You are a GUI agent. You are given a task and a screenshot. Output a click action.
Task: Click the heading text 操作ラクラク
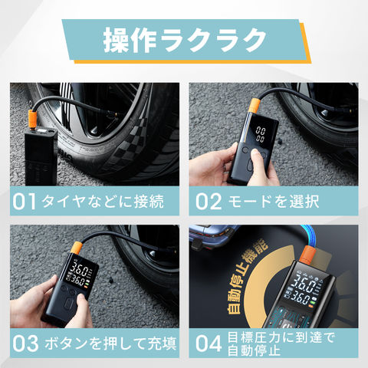185,40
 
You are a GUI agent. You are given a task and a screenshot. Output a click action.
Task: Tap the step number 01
24,202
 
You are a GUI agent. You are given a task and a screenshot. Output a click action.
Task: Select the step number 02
209,202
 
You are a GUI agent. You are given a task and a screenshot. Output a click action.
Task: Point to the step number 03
25,343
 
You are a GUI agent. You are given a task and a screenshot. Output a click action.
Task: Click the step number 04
209,343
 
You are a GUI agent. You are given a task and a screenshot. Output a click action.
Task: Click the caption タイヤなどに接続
103,202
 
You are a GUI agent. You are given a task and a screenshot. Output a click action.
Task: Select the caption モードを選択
274,202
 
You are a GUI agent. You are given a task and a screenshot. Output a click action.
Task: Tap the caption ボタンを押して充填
110,343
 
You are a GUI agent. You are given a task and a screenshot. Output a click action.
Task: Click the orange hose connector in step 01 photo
32,119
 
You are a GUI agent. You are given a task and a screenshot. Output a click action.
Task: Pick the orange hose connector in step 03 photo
76,248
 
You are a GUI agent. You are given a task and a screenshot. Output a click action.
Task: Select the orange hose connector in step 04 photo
307,255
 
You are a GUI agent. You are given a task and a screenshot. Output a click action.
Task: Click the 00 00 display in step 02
261,134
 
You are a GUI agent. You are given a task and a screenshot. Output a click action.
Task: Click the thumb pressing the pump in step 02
256,156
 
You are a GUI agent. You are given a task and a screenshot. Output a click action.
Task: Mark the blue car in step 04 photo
212,236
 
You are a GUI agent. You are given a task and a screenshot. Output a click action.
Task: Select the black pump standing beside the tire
41,157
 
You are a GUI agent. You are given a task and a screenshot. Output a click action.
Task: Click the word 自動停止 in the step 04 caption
254,350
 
